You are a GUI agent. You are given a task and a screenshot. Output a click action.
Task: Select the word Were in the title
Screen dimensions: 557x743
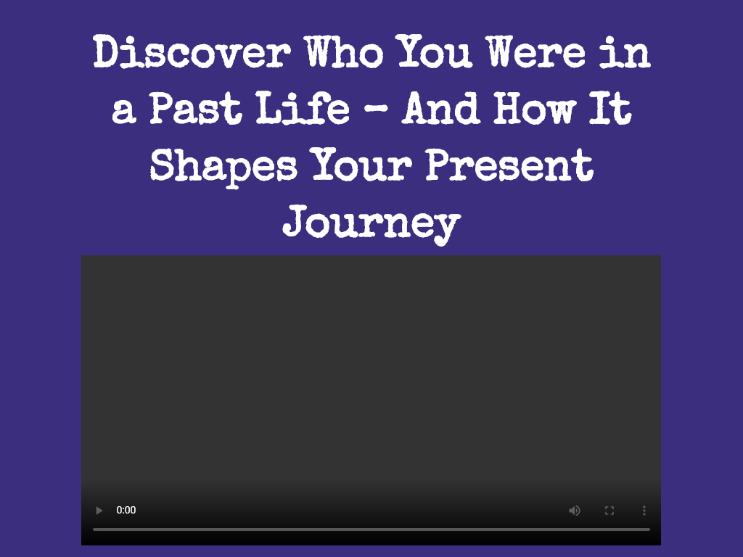tap(535, 54)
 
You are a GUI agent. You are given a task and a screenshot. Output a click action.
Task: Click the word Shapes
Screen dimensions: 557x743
tap(223, 166)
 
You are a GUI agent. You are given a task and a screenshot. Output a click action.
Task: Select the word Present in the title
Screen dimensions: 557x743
tap(509, 166)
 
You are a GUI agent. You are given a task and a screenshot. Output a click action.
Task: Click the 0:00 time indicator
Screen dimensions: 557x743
tap(126, 511)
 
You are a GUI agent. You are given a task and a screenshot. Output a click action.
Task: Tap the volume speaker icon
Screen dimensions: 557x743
tap(575, 511)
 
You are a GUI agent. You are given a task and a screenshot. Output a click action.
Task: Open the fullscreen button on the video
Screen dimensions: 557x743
tap(609, 511)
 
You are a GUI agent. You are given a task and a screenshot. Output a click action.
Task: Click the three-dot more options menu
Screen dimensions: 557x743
tap(644, 511)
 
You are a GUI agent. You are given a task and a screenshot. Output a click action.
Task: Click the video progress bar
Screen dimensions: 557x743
tap(371, 529)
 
